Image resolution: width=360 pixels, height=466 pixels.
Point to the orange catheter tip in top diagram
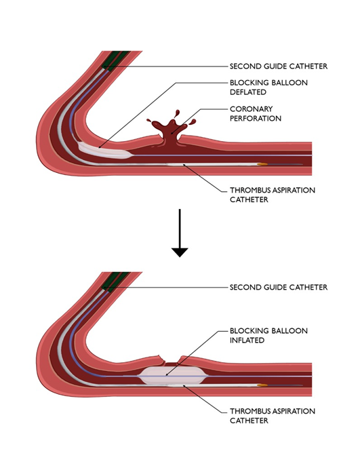pos(262,164)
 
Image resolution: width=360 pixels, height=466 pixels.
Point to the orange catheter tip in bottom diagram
pos(262,385)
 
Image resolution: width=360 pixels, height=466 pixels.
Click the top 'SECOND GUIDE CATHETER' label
pos(278,66)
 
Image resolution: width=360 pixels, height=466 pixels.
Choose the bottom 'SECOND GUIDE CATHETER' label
pos(278,288)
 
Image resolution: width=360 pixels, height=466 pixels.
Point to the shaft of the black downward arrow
pos(180,227)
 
